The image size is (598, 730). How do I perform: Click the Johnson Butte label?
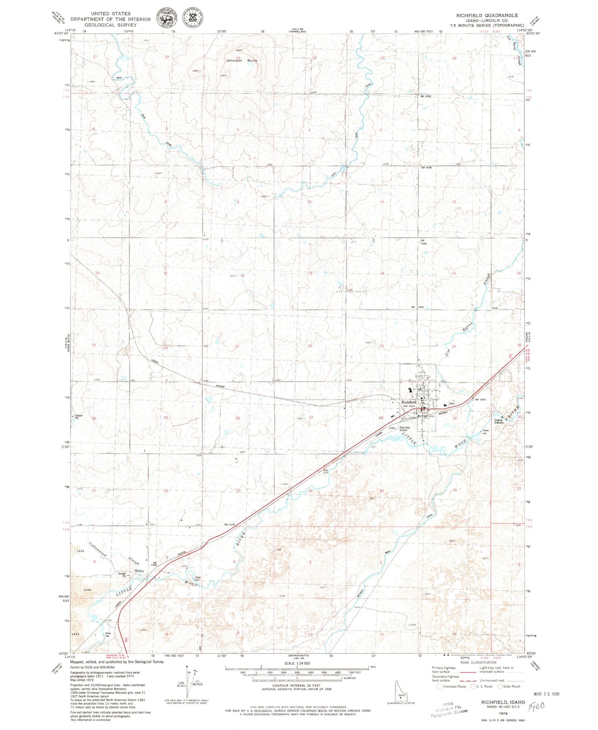[x=241, y=60]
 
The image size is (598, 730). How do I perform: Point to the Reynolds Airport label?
[x=405, y=429]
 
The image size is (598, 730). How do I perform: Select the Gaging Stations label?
[x=499, y=421]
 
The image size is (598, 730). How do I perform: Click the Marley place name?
[x=139, y=571]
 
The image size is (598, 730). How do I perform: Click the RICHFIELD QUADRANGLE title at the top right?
[x=487, y=15]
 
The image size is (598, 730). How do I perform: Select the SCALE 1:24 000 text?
[x=297, y=663]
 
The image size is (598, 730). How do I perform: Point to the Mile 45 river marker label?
[x=486, y=432]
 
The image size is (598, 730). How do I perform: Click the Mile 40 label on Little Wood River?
[x=198, y=578]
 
